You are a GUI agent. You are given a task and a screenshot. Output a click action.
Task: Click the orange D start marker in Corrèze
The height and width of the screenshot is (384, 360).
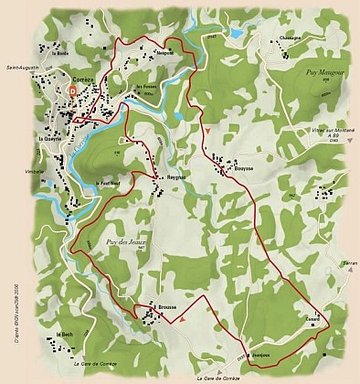[x=71, y=91]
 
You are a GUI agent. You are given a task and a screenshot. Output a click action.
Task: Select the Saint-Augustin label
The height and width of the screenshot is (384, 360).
[x=22, y=66]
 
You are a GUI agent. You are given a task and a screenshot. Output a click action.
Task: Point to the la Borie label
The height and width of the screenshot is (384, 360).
[x=61, y=53]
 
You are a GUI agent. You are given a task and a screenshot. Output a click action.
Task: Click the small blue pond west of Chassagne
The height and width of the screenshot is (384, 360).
[x=237, y=33]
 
